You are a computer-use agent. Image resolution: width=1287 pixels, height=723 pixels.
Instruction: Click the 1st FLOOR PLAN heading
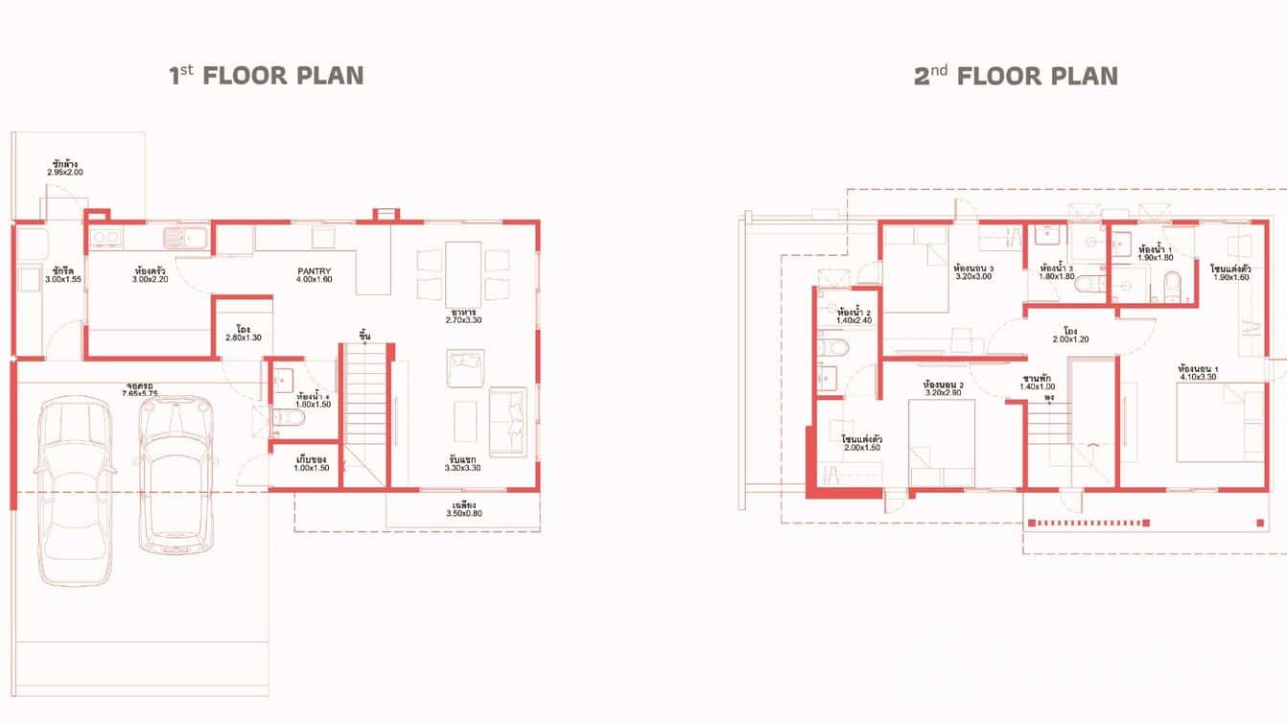click(x=267, y=76)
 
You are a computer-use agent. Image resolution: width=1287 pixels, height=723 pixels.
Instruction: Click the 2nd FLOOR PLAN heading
click(x=1016, y=76)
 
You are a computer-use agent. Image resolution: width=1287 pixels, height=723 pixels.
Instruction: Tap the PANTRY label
click(x=314, y=271)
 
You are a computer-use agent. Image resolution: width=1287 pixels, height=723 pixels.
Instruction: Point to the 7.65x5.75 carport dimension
click(x=139, y=394)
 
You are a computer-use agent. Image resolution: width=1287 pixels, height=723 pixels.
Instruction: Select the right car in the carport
click(x=175, y=475)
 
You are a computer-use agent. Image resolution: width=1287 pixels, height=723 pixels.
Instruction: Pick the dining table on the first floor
click(x=463, y=271)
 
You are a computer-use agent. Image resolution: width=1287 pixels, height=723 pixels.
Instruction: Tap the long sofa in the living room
click(x=507, y=421)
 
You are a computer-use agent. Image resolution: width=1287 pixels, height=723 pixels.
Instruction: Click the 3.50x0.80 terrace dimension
click(x=463, y=514)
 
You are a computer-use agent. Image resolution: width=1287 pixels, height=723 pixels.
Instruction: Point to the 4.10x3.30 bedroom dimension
click(x=1198, y=377)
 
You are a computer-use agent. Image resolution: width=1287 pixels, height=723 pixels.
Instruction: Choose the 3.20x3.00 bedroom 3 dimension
click(x=973, y=276)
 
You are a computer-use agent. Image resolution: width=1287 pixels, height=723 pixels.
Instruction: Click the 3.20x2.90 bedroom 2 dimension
click(x=944, y=392)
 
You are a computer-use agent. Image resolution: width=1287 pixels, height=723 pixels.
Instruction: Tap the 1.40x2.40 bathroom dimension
click(x=853, y=320)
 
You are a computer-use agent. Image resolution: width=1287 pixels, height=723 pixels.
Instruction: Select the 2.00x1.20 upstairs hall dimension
click(x=1069, y=339)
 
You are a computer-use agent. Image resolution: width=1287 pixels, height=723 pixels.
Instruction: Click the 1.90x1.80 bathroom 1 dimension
click(x=1156, y=258)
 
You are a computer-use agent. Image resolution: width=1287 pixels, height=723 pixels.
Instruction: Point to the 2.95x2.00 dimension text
click(x=65, y=173)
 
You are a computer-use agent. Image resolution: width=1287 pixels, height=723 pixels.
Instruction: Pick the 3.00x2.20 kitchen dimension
click(x=151, y=280)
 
